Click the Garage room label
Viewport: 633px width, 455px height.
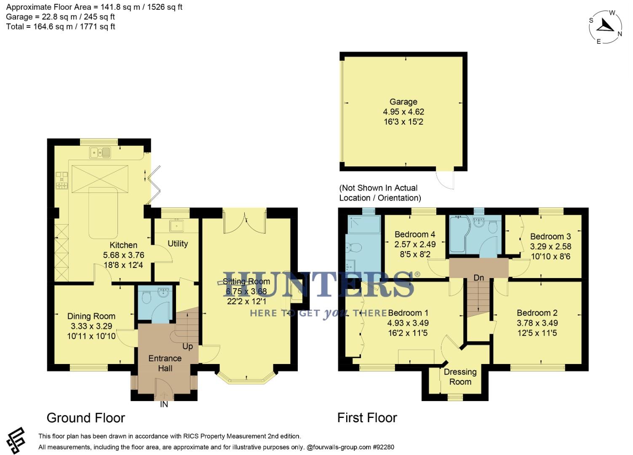click(x=403, y=102)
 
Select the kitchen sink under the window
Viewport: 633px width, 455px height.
click(x=100, y=153)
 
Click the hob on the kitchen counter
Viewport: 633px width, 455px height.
click(x=62, y=180)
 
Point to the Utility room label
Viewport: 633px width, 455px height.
click(x=177, y=244)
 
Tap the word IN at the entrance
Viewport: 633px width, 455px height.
click(x=164, y=404)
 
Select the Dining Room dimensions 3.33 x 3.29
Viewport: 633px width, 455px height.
click(x=91, y=326)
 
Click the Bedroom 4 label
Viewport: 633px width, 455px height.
click(x=415, y=235)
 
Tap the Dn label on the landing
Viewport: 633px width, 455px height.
click(x=479, y=278)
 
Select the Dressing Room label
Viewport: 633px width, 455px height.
click(x=460, y=377)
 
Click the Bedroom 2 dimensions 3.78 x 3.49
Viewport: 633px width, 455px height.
click(x=537, y=323)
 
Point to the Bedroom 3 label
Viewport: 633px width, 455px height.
click(x=550, y=237)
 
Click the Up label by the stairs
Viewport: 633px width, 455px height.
click(x=187, y=346)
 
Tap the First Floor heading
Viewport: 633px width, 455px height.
click(x=367, y=418)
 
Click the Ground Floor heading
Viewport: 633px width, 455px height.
click(x=85, y=418)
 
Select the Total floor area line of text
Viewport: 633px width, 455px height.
click(x=61, y=27)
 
